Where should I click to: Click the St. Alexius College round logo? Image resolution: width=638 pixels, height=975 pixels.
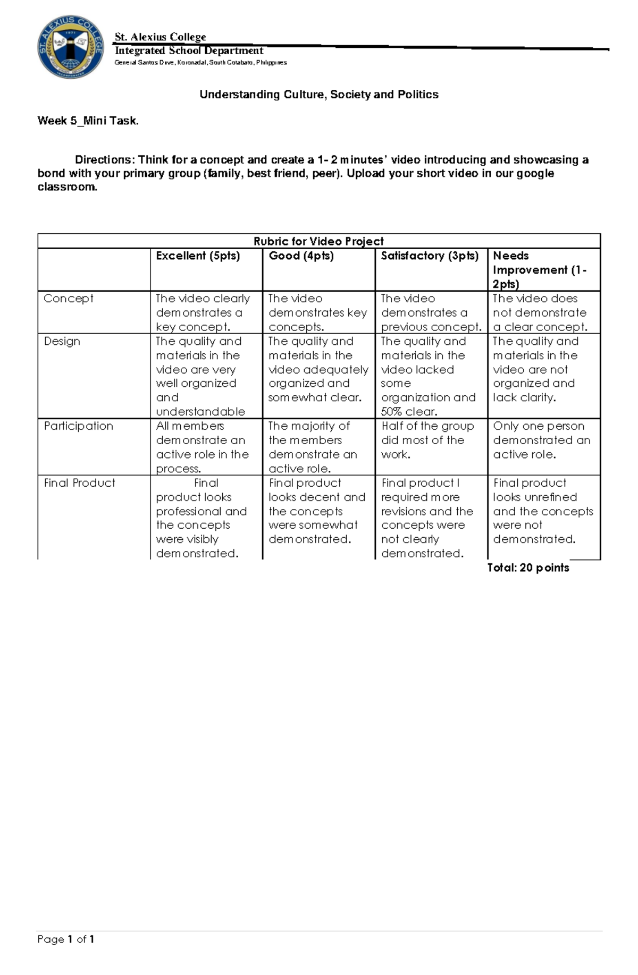pyautogui.click(x=71, y=47)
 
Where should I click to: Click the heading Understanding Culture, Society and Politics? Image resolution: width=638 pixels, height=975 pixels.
pyautogui.click(x=319, y=95)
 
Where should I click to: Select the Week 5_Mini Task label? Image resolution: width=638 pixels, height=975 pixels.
pyautogui.click(x=88, y=121)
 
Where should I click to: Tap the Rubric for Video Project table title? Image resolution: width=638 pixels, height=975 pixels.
pyautogui.click(x=318, y=241)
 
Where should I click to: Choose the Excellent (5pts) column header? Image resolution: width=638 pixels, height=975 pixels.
pyautogui.click(x=198, y=256)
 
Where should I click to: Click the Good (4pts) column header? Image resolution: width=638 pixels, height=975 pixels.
pyautogui.click(x=301, y=256)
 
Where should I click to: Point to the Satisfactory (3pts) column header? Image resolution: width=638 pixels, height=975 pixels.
pyautogui.click(x=430, y=256)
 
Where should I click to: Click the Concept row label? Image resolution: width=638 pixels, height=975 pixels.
pyautogui.click(x=68, y=299)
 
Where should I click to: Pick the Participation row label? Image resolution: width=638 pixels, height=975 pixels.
pyautogui.click(x=78, y=426)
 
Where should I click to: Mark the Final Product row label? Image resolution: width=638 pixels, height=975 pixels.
pyautogui.click(x=79, y=482)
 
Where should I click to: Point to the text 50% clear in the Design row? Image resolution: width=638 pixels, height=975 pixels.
pyautogui.click(x=409, y=412)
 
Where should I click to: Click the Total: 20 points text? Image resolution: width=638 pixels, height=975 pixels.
pyautogui.click(x=528, y=567)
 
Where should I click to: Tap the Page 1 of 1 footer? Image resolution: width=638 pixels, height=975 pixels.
pyautogui.click(x=66, y=939)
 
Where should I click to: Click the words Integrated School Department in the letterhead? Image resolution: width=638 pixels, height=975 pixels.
pyautogui.click(x=189, y=50)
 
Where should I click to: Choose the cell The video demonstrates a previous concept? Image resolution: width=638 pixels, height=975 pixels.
pyautogui.click(x=430, y=312)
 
